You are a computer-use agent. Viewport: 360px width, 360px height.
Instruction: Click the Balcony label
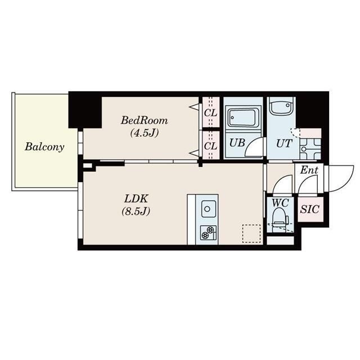[x=44, y=147]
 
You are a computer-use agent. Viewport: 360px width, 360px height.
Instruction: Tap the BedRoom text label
[x=145, y=120]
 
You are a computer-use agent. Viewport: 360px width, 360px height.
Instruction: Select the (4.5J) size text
[x=145, y=133]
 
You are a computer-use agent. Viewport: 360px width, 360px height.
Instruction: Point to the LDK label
[x=136, y=199]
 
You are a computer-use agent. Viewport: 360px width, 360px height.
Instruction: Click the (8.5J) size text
[x=136, y=211]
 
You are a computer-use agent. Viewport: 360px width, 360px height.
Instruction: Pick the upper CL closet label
[x=210, y=113]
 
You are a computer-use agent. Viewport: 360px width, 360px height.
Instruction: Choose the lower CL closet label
[x=210, y=146]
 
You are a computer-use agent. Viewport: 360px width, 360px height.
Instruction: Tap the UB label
[x=237, y=143]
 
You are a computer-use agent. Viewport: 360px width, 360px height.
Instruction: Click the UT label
[x=284, y=143]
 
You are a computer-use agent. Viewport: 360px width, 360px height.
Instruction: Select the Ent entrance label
[x=309, y=170]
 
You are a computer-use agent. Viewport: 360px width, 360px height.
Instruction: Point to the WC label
[x=280, y=202]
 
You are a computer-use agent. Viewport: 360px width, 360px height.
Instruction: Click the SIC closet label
[x=310, y=209]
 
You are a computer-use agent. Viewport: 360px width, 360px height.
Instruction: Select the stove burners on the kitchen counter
[x=208, y=232]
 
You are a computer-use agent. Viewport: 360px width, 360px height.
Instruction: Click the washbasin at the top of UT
[x=281, y=107]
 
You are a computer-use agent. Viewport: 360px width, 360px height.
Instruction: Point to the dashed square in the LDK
[x=251, y=233]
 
